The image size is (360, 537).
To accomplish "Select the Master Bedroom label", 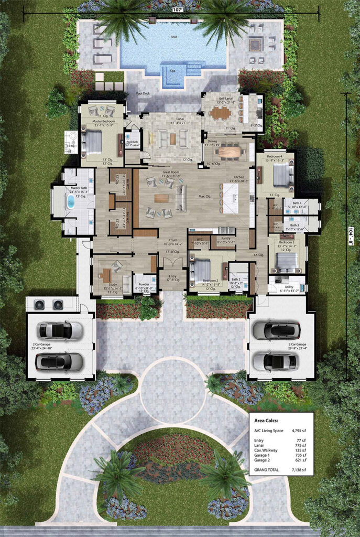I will coord(99,122).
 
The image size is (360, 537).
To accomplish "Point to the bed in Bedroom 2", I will coord(200,270).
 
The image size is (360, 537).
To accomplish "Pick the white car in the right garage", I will coord(271,360).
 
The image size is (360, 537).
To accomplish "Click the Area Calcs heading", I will coord(267,421).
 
